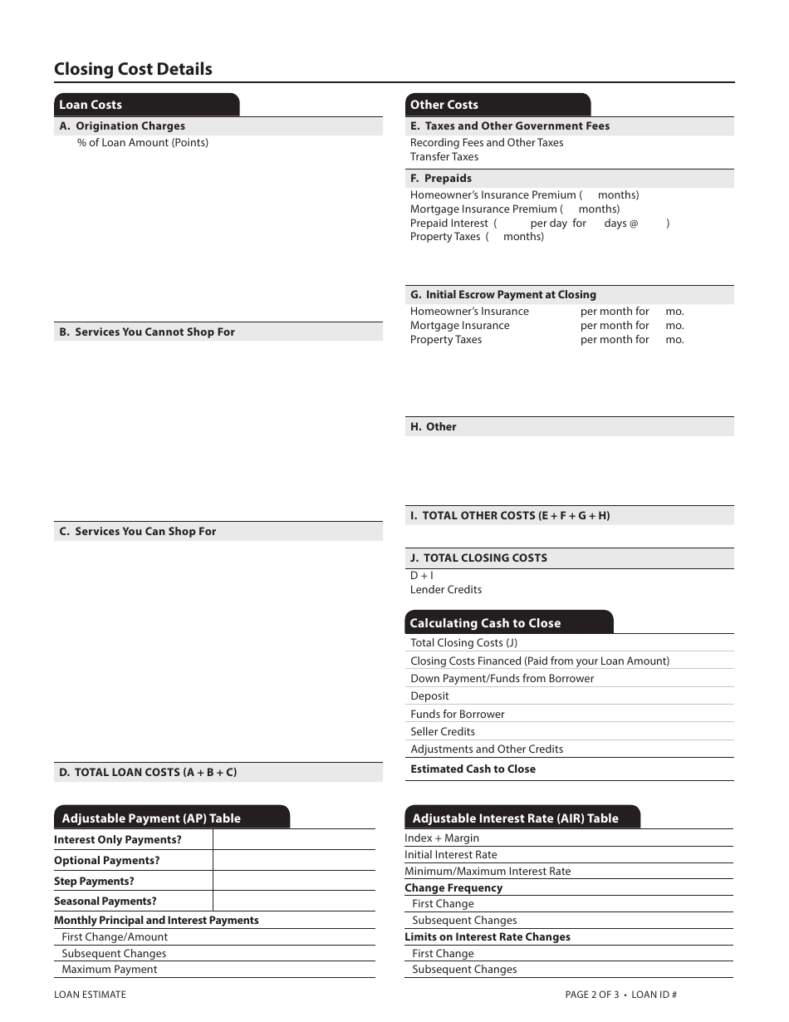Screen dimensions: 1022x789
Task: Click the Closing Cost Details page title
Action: (x=133, y=69)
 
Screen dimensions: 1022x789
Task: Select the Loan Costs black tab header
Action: (x=91, y=105)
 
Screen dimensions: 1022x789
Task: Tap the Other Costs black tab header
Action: (x=444, y=105)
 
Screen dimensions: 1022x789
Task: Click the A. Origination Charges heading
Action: (x=123, y=126)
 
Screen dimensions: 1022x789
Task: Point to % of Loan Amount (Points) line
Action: (x=143, y=143)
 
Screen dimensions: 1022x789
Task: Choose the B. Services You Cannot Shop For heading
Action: (x=147, y=332)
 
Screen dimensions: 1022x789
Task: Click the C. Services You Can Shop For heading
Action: (x=138, y=531)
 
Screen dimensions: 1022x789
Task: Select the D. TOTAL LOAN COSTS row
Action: (x=148, y=772)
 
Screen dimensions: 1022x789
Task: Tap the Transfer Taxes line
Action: (x=444, y=157)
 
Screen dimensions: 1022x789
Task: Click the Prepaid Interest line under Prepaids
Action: (x=449, y=223)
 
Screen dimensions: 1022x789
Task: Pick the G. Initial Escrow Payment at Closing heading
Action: (x=503, y=295)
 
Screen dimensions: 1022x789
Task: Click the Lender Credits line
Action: (x=446, y=590)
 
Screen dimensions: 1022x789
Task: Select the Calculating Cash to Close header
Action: (x=486, y=623)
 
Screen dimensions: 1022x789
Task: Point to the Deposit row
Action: (x=429, y=696)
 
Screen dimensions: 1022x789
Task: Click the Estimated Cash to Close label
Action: (x=473, y=769)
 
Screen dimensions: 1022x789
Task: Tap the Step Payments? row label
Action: (x=94, y=882)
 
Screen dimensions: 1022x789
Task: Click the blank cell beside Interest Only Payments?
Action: (x=293, y=840)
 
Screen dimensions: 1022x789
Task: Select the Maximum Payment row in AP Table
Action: (x=110, y=970)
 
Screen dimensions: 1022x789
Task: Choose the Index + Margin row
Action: (x=442, y=838)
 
